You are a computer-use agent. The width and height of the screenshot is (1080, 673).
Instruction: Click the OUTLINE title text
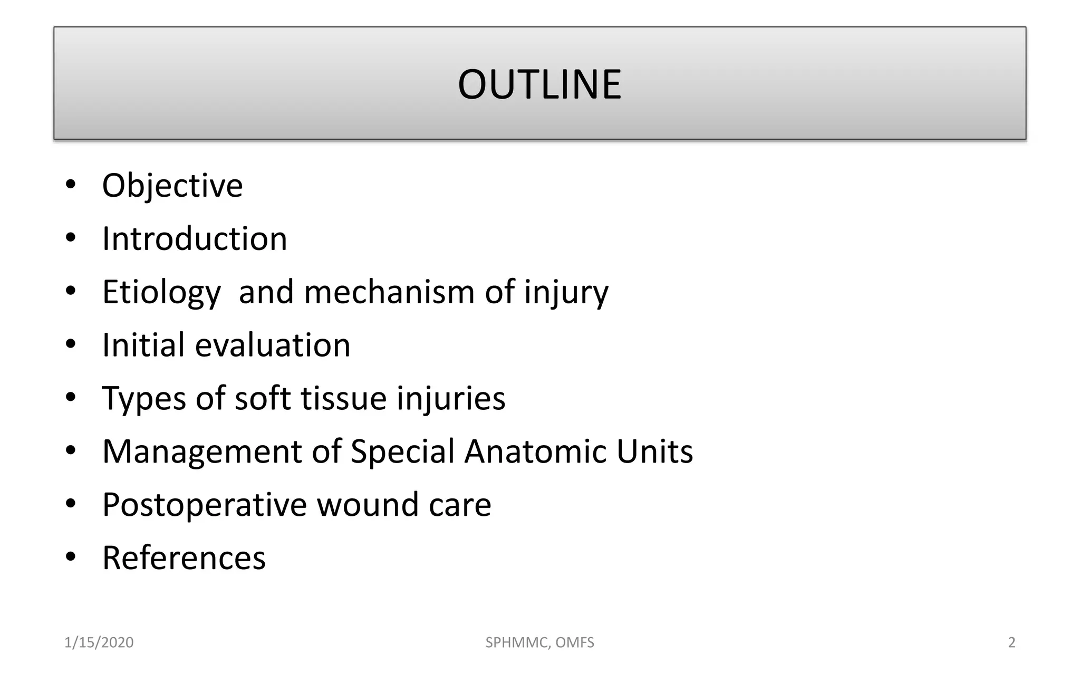click(539, 84)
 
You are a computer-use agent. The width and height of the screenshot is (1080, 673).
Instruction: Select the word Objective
click(172, 186)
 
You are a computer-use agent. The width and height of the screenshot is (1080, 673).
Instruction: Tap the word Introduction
click(195, 239)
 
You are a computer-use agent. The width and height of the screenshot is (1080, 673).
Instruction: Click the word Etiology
click(161, 292)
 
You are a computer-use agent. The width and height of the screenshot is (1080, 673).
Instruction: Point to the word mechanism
click(389, 292)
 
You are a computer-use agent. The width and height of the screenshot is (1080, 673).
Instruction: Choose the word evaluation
click(273, 345)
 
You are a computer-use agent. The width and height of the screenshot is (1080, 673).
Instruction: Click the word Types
click(143, 398)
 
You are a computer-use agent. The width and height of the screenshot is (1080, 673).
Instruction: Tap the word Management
click(202, 452)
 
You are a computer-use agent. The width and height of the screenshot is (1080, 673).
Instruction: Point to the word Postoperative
click(204, 505)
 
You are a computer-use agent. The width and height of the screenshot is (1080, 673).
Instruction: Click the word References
click(184, 558)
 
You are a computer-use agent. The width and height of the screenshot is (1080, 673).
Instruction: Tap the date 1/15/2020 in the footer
click(99, 642)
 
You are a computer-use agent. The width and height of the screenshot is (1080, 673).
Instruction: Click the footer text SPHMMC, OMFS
click(539, 642)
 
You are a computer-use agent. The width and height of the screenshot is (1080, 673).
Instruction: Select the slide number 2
click(1011, 642)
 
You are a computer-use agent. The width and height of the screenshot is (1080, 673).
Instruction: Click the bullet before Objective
click(71, 185)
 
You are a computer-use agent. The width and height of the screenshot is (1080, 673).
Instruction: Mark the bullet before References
click(71, 557)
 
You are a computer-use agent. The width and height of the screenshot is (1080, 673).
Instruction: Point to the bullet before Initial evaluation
click(71, 344)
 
